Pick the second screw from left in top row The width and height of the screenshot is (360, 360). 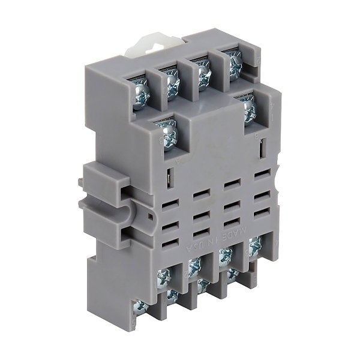(x=173, y=84)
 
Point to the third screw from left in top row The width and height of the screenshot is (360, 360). (x=204, y=73)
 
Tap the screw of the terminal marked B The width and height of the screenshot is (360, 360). (x=248, y=108)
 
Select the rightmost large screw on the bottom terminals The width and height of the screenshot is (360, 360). (x=256, y=243)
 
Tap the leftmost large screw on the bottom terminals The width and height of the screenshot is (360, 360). (x=163, y=277)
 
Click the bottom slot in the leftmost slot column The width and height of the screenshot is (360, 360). (x=171, y=243)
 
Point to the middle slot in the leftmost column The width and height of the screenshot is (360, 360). (x=171, y=225)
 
